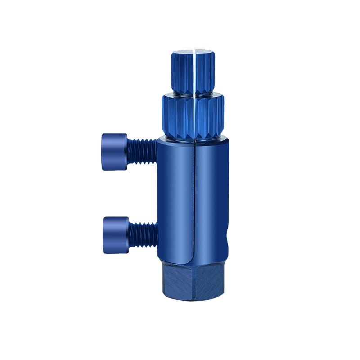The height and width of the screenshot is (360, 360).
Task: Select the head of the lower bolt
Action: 115,234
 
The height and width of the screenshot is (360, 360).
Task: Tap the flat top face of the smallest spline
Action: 193,54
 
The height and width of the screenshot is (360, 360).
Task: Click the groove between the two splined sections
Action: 193,94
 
